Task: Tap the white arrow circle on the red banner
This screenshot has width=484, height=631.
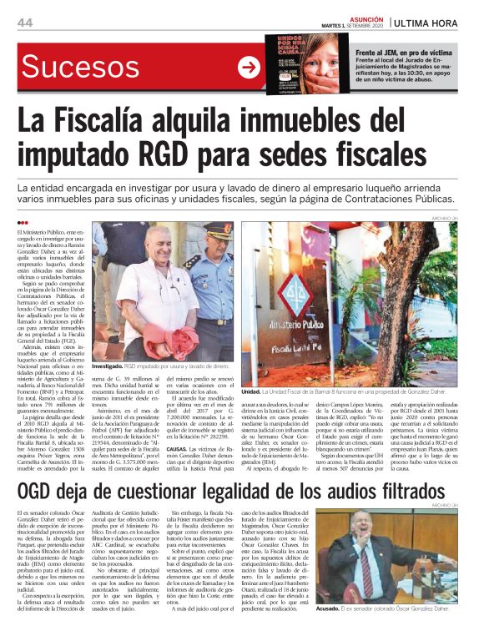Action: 250,68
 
